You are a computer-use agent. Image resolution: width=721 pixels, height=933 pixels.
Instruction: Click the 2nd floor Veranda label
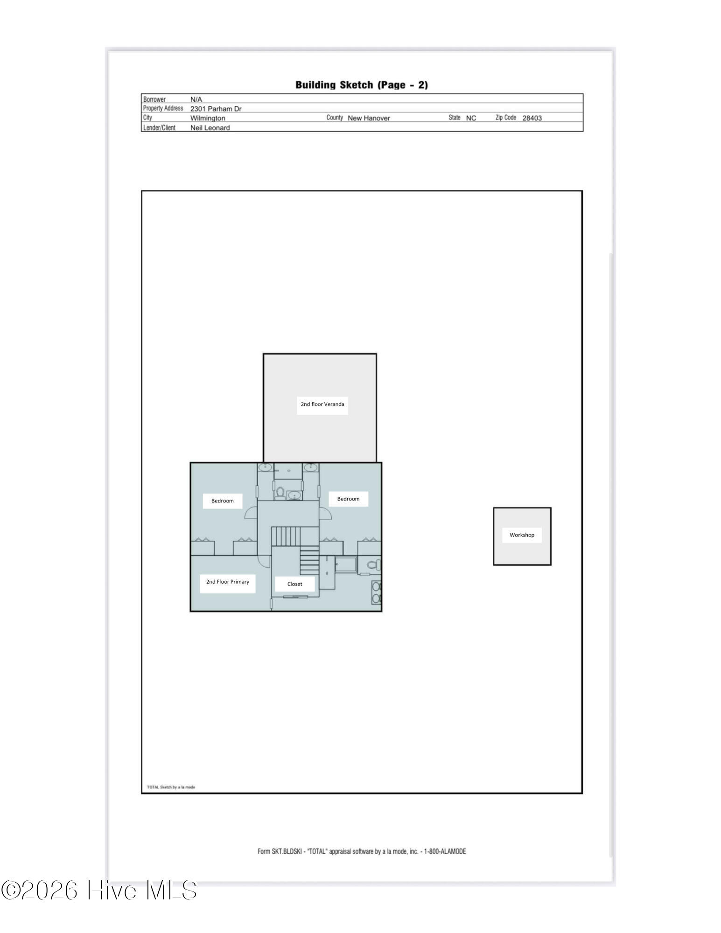pos(322,404)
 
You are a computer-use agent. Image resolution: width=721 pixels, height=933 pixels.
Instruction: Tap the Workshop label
pos(522,535)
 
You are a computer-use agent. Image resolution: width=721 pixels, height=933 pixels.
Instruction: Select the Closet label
pos(294,584)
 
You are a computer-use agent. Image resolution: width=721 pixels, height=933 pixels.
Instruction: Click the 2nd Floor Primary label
pos(228,582)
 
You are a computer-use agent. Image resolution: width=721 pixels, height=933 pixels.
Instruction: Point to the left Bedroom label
pos(222,501)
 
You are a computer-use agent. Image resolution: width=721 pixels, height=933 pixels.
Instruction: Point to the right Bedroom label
pos(348,499)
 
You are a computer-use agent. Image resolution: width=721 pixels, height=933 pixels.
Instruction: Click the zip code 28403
pos(532,118)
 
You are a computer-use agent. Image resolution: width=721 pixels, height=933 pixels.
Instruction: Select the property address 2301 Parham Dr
pos(216,109)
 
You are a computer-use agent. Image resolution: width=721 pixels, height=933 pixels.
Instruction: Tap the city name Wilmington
pos(208,118)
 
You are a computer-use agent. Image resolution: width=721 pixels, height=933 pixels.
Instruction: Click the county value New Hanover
pos(369,118)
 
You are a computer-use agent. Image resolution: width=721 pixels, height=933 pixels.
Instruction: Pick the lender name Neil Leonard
pos(210,127)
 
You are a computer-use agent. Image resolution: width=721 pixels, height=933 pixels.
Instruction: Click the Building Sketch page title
pos(362,85)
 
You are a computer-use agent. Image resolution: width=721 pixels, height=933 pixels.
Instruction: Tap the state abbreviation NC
pos(471,118)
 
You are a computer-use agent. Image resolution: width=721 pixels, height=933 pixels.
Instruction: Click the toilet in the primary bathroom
pos(374,565)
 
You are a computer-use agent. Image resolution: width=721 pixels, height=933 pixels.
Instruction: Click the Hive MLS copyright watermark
pos(99,890)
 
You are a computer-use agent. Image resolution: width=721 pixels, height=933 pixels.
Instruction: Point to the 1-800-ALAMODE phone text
pos(445,851)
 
